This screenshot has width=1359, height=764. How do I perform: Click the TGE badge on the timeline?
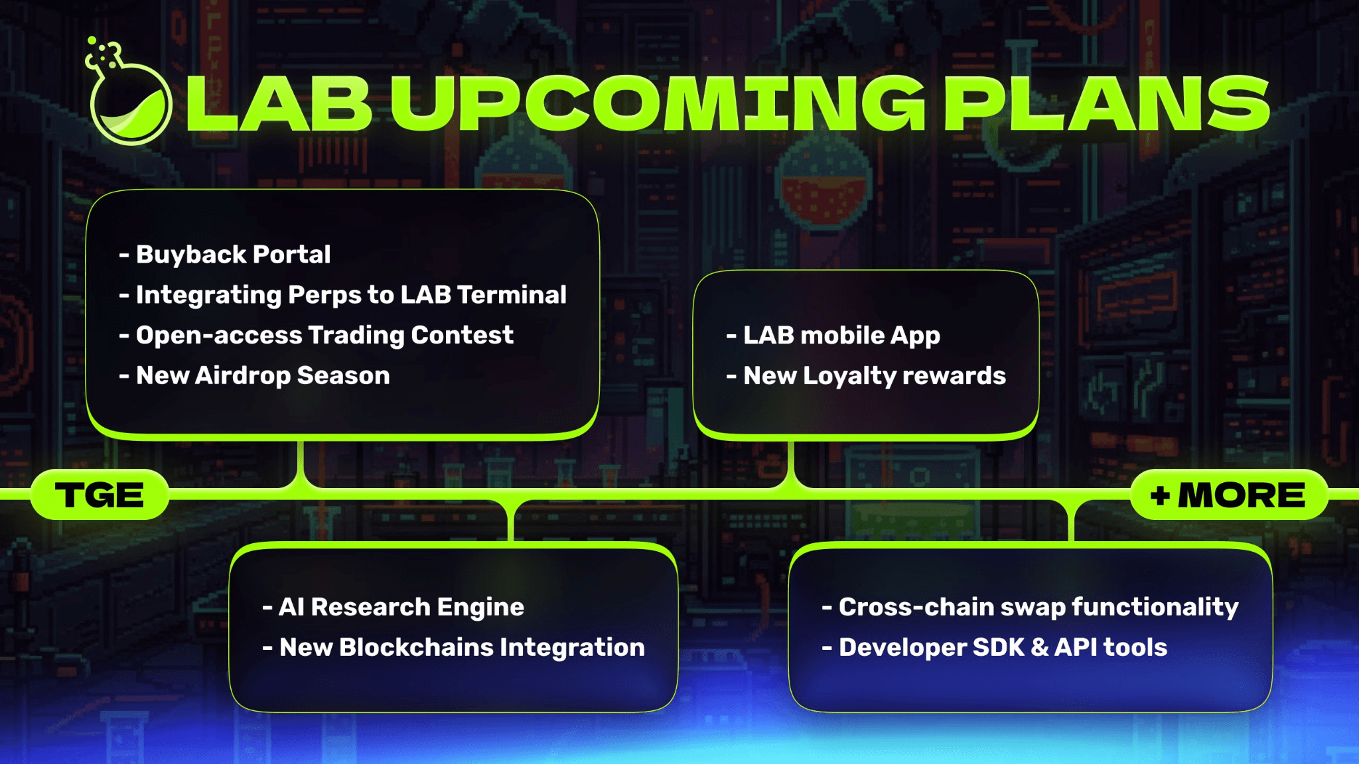(x=100, y=495)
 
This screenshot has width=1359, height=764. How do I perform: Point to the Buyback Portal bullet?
(x=224, y=255)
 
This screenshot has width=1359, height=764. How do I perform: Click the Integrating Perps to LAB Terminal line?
(x=342, y=295)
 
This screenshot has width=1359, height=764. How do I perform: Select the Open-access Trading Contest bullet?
(x=316, y=336)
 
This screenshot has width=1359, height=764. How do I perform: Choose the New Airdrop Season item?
(x=254, y=376)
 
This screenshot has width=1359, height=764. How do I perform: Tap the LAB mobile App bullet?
(x=833, y=336)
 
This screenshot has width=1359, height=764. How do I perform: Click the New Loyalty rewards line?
(x=866, y=376)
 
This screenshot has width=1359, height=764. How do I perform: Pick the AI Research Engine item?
(x=393, y=607)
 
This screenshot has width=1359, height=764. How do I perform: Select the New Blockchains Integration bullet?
(x=453, y=647)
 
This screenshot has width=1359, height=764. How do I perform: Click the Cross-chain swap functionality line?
(x=1030, y=607)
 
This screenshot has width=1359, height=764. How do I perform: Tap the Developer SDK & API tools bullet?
(x=994, y=647)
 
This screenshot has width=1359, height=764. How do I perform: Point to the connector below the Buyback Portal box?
(x=301, y=464)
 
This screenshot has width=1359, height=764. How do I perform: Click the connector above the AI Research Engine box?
(x=511, y=521)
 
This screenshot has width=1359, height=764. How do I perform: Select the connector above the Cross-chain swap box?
(x=1071, y=521)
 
